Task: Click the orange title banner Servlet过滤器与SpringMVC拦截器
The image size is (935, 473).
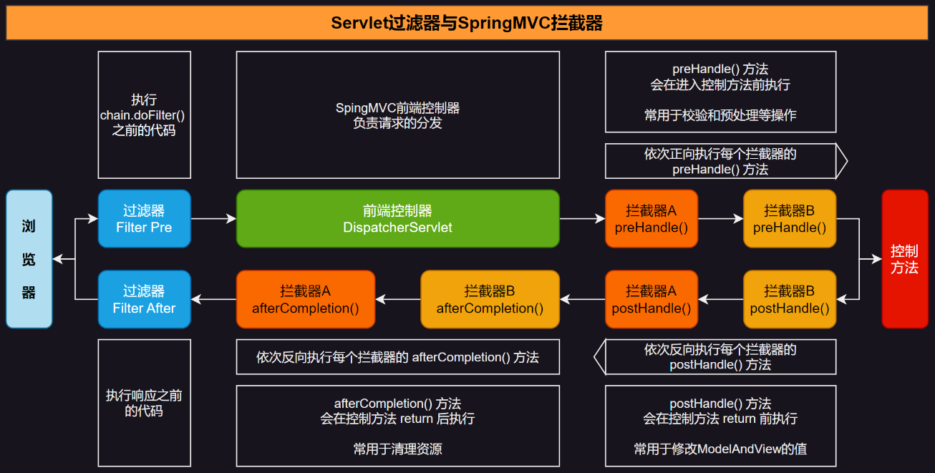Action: click(467, 23)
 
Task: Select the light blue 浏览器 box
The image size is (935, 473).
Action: click(29, 259)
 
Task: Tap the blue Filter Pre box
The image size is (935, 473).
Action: click(144, 219)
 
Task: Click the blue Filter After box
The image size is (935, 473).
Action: click(144, 299)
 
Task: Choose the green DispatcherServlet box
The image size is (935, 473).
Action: click(397, 219)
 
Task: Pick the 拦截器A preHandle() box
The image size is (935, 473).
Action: click(651, 219)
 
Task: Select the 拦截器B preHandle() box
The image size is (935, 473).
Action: click(789, 219)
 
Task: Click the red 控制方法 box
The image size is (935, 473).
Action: click(904, 259)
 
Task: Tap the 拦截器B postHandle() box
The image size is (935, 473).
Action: click(789, 299)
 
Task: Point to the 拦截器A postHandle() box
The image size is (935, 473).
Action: click(651, 299)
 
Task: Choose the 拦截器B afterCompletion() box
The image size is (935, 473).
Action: click(490, 299)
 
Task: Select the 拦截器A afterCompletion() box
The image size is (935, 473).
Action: click(305, 299)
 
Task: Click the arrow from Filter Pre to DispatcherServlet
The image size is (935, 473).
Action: click(213, 219)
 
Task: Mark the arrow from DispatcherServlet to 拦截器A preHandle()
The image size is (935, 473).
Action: click(582, 219)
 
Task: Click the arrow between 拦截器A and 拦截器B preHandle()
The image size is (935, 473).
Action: click(720, 219)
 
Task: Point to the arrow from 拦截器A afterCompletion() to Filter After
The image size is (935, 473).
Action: click(213, 299)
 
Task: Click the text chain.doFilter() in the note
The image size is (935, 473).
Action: click(144, 115)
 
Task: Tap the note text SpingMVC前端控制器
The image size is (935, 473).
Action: click(397, 108)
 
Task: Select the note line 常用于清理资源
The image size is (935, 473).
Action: click(397, 449)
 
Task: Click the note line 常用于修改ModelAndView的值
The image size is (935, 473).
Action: click(720, 449)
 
